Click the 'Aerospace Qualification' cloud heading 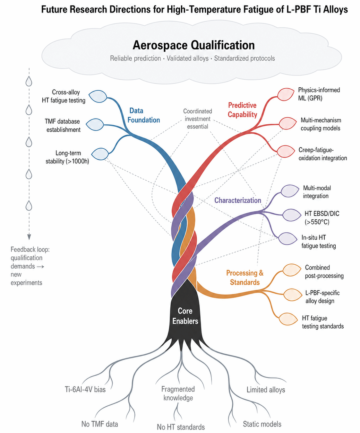(x=193, y=45)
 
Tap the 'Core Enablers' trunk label (x=185, y=316)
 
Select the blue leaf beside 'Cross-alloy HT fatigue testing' (x=98, y=96)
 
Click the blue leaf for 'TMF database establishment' (x=95, y=125)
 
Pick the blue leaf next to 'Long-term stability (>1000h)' (x=100, y=154)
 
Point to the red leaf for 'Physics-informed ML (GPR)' (x=286, y=94)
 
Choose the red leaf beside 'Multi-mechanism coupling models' (x=287, y=123)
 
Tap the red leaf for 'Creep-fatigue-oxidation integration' (x=286, y=151)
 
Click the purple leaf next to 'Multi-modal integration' (x=290, y=191)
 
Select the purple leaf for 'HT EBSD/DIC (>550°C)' (x=292, y=215)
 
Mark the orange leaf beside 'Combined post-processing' (x=292, y=270)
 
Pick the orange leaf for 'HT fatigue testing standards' (x=288, y=319)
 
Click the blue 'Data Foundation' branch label (x=143, y=115)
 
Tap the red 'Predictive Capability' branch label (x=242, y=110)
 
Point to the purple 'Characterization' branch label (x=237, y=200)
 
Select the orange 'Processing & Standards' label (x=245, y=278)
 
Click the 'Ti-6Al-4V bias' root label (x=85, y=389)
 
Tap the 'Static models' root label (x=262, y=424)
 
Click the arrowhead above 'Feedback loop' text (x=29, y=237)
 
